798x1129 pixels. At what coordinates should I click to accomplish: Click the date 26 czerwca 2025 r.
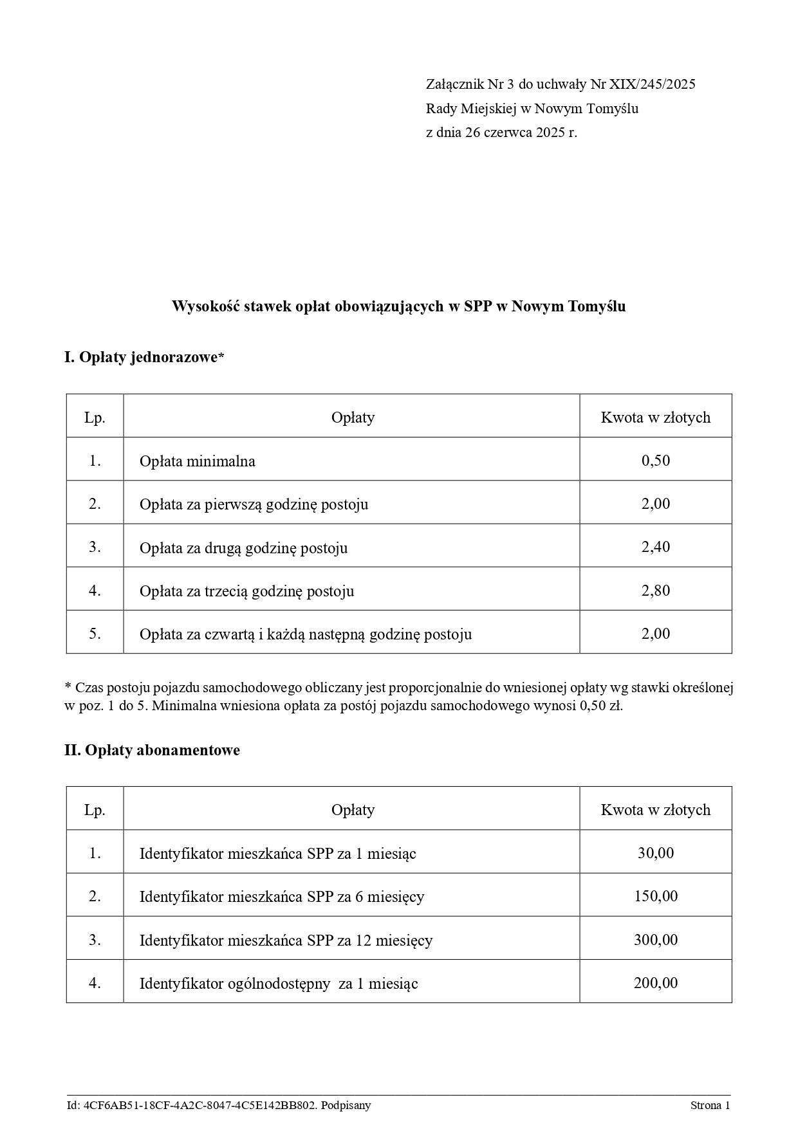pos(521,133)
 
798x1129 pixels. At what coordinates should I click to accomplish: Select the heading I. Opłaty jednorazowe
pos(144,358)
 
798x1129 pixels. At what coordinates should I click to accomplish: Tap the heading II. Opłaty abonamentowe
pos(152,750)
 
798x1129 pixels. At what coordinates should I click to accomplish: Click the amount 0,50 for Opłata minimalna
pos(655,461)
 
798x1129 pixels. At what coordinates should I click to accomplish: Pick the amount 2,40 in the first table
pos(655,547)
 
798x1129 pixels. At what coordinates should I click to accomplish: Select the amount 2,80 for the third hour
pos(655,591)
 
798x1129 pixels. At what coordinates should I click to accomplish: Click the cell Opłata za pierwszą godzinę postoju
pos(254,504)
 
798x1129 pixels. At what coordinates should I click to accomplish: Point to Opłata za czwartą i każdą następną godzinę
pos(305,634)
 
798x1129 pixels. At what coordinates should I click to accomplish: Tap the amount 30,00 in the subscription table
pos(655,853)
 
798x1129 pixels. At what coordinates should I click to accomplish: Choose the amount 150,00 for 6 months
pos(655,896)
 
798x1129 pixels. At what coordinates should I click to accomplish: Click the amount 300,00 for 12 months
pos(655,940)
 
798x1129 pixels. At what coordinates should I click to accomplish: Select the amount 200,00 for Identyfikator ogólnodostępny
pos(655,983)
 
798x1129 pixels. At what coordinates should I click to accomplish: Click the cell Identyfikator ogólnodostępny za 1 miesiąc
pos(278,984)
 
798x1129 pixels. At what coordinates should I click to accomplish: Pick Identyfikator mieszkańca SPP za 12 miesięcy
pos(286,941)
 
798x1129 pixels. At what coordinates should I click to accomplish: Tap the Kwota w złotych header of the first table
pos(655,418)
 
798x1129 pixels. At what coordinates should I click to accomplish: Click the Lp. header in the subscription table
pos(95,810)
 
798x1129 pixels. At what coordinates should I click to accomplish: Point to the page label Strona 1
pos(710,1106)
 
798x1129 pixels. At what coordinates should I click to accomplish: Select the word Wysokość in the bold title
pos(203,307)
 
